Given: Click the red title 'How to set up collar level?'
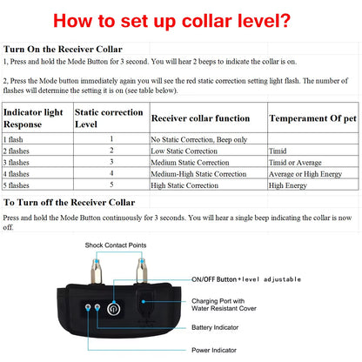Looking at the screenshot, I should (x=181, y=19).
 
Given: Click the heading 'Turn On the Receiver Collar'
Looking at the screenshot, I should (x=63, y=50).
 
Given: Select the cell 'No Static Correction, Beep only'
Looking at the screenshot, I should (x=199, y=138).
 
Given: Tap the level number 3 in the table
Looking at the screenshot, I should (x=111, y=162).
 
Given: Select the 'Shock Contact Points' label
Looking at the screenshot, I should (x=123, y=246).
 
